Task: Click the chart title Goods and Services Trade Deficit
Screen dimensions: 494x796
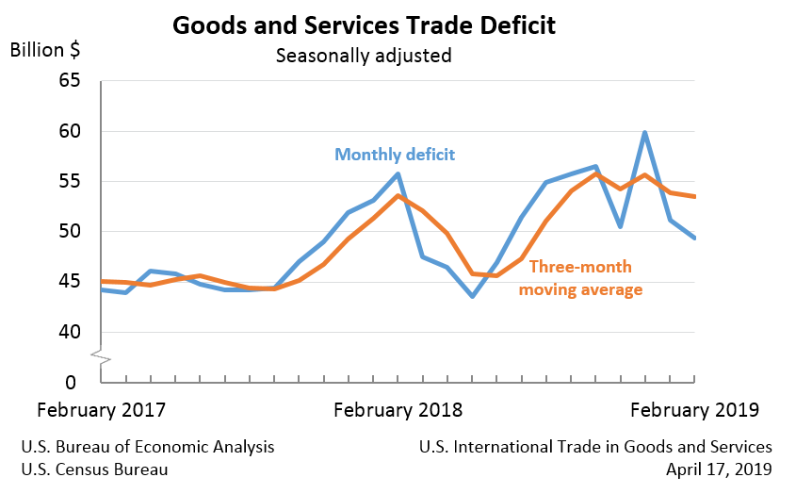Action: click(364, 25)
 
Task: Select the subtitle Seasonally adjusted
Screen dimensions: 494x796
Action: click(364, 56)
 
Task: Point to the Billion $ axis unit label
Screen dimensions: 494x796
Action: click(44, 50)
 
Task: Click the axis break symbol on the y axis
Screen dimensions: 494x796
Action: click(101, 356)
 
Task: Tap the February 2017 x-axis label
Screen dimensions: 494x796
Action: click(101, 410)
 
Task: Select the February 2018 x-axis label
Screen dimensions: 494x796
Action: click(398, 410)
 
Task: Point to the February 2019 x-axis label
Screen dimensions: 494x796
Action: click(693, 410)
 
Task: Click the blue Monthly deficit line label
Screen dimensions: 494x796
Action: click(395, 154)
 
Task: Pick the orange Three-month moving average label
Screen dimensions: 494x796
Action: click(580, 278)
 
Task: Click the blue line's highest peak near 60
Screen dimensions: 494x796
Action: click(645, 133)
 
